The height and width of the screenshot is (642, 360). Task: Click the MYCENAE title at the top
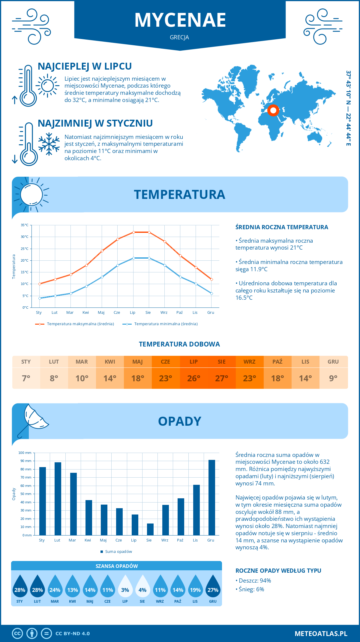pyautogui.click(x=180, y=20)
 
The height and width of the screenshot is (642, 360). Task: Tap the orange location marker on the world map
pyautogui.click(x=273, y=110)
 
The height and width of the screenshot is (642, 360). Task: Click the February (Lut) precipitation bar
pyautogui.click(x=58, y=499)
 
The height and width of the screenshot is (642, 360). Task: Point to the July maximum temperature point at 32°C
pyautogui.click(x=133, y=232)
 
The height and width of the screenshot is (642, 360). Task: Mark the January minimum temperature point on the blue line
pyautogui.click(x=40, y=298)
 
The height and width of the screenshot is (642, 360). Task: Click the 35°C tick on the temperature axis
pyautogui.click(x=25, y=225)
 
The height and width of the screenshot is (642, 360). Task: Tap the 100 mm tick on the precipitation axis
pyautogui.click(x=25, y=453)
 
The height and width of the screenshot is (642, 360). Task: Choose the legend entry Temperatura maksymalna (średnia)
pyautogui.click(x=80, y=324)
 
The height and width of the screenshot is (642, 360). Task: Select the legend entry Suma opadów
pyautogui.click(x=118, y=552)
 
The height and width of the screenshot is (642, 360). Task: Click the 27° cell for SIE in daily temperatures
pyautogui.click(x=222, y=378)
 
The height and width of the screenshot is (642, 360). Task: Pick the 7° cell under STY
pyautogui.click(x=26, y=378)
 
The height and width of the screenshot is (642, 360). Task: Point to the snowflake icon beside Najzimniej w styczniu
pyautogui.click(x=49, y=144)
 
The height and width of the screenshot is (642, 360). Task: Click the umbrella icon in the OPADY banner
pyautogui.click(x=33, y=420)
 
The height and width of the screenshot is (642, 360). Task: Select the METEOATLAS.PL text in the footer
pyautogui.click(x=321, y=634)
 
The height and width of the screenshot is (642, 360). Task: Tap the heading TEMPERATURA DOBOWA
pyautogui.click(x=179, y=344)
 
